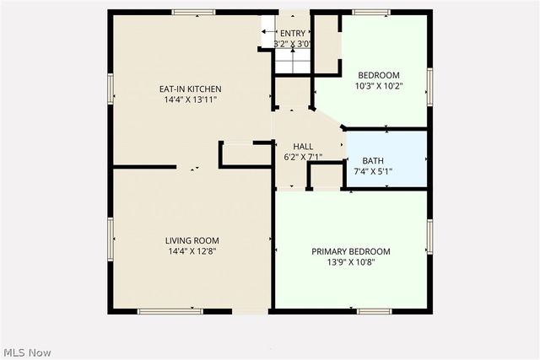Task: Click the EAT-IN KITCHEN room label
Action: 191,89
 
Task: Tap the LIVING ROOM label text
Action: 192,240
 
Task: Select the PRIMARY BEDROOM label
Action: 351,251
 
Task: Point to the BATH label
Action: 372,161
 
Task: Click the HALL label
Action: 303,146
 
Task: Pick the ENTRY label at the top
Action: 293,34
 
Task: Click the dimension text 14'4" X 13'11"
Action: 191,99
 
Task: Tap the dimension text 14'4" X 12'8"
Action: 192,251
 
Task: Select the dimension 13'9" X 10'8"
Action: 351,262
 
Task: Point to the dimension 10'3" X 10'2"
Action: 379,86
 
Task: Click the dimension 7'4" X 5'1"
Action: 372,172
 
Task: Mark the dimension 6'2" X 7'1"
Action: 303,157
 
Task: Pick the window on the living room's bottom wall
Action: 170,311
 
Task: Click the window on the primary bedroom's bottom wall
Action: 375,311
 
